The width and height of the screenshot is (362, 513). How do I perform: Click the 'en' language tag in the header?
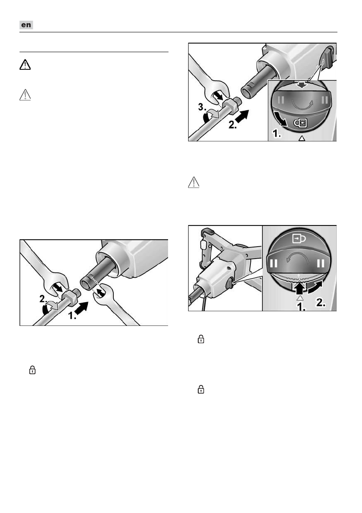pos(27,25)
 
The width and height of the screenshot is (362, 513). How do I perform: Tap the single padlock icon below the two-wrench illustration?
pos(31,369)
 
